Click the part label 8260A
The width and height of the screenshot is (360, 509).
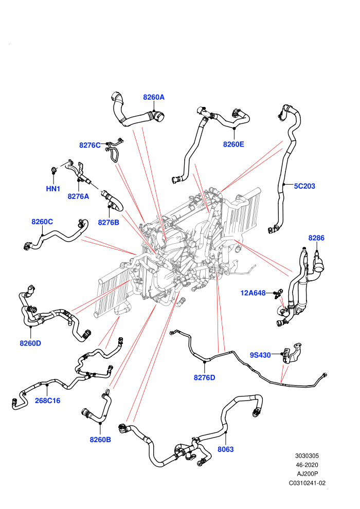coord(154,97)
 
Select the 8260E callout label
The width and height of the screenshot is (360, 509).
coord(233,144)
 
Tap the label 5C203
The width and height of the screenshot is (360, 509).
coord(304,186)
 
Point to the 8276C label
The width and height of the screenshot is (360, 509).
coord(90,145)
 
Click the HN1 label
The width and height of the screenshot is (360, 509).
coord(53,189)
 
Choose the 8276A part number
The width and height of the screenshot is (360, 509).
coord(78,196)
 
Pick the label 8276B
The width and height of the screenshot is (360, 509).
coord(109,222)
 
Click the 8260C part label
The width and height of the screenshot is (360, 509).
coord(42,222)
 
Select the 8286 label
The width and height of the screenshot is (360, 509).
coord(316,238)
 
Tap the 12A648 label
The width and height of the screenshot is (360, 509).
coord(253,293)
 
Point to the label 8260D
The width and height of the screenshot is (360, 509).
coord(30,343)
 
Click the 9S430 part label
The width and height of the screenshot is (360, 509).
coord(260,355)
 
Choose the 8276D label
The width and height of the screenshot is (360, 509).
coord(205,377)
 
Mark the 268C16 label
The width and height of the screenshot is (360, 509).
coord(48,401)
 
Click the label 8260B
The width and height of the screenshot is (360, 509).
coord(100,440)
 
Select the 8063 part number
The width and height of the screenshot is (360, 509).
coord(225,449)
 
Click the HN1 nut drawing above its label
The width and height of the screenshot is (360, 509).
coord(53,170)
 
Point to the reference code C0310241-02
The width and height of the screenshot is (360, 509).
coord(307,483)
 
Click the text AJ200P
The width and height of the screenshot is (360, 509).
coord(307,474)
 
